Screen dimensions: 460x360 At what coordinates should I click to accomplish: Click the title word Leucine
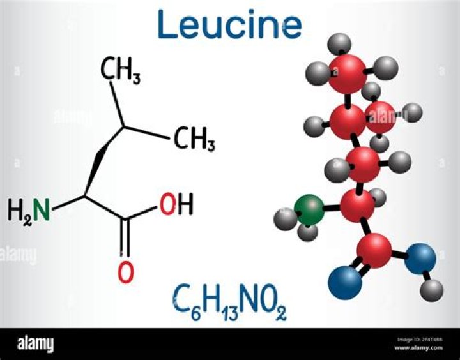click(x=230, y=24)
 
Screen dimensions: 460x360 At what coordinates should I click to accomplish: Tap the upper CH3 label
click(x=120, y=71)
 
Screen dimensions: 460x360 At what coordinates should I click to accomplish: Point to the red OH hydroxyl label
click(x=176, y=204)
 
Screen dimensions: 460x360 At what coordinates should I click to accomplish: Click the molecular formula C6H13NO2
click(x=230, y=303)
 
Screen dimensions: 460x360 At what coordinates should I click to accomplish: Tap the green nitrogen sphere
click(x=309, y=210)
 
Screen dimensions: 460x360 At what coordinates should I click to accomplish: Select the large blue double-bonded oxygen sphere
click(x=345, y=283)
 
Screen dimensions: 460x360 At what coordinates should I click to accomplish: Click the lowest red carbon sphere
click(x=374, y=251)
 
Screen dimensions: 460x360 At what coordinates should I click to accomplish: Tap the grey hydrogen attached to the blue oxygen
click(x=431, y=290)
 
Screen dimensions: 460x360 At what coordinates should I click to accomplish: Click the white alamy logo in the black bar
click(x=36, y=343)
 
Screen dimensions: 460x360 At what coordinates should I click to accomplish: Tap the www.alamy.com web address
click(x=418, y=348)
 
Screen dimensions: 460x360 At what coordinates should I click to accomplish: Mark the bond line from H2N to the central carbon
click(x=68, y=203)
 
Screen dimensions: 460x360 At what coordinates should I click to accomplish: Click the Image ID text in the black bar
click(x=420, y=340)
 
